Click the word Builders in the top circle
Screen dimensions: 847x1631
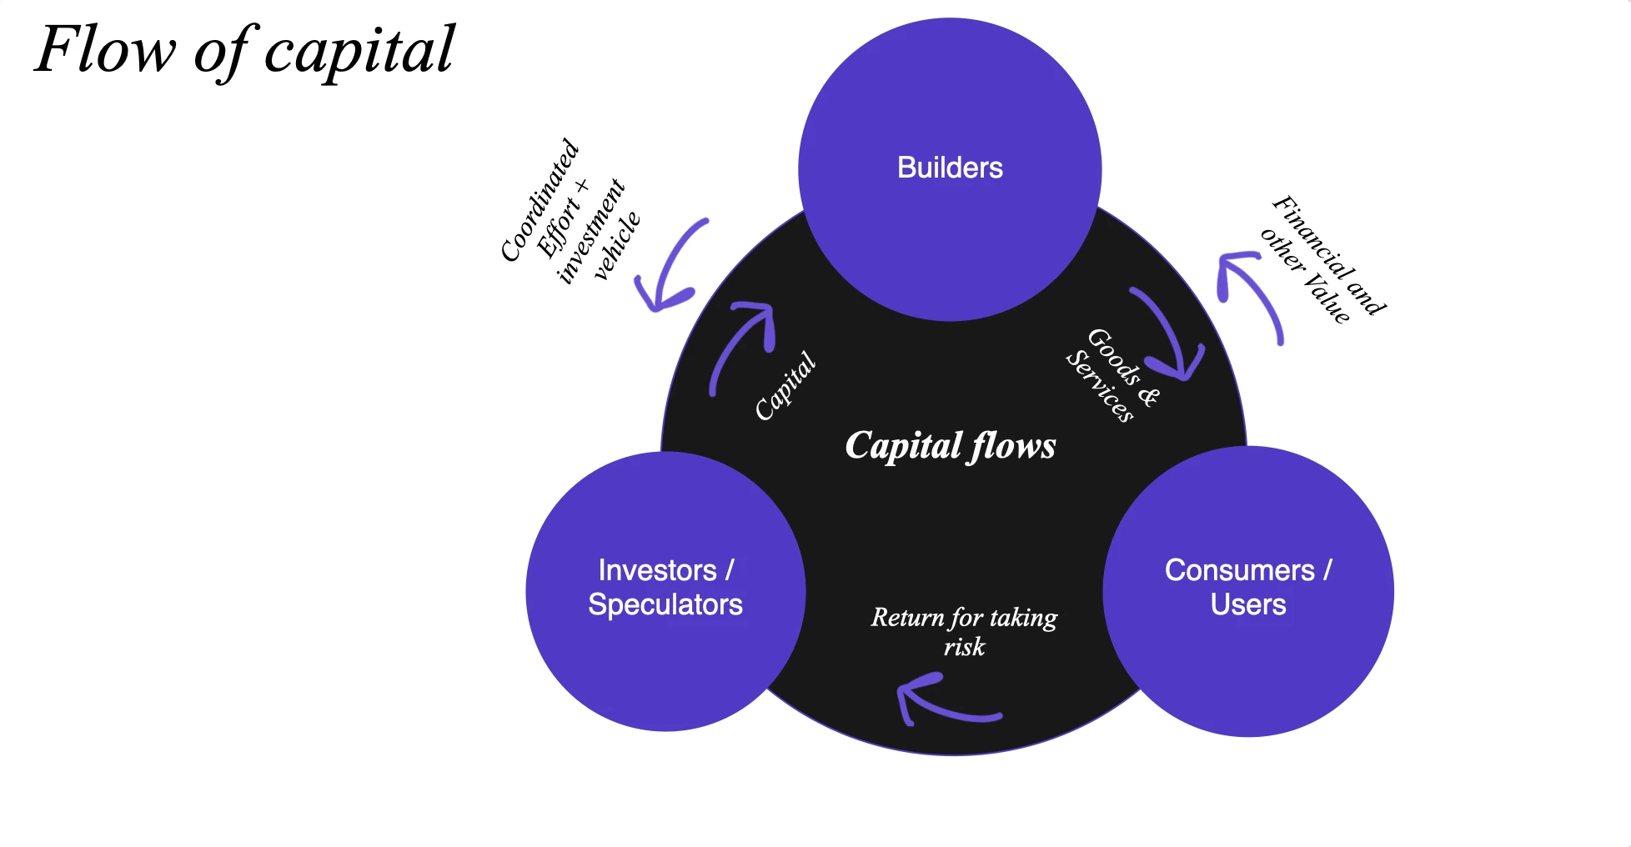[x=950, y=168]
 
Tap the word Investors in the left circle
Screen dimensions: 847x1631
[x=657, y=570]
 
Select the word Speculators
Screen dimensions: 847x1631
[x=665, y=604]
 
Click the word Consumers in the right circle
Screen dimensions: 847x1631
[x=1239, y=570]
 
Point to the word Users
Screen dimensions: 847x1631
[x=1247, y=604]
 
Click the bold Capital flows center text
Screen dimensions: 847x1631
[x=950, y=446]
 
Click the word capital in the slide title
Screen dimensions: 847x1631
[x=359, y=50]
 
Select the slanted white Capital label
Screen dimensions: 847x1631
[x=785, y=385]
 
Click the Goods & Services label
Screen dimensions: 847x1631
[x=1112, y=375]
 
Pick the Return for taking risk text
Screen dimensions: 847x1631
[x=964, y=631]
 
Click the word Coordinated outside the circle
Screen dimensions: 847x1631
[x=539, y=200]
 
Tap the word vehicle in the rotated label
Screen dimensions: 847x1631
[x=617, y=246]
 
